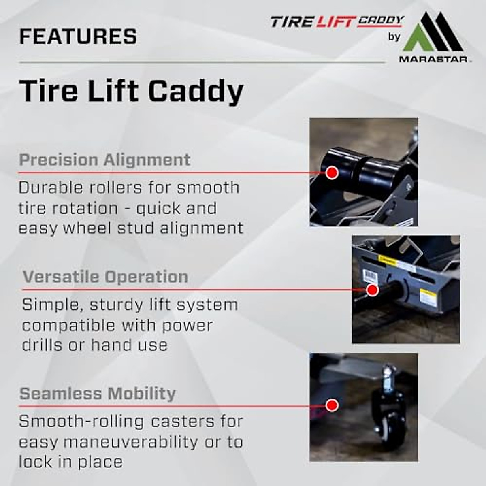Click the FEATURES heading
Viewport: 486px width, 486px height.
point(78,36)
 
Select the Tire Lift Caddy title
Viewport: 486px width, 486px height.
point(131,91)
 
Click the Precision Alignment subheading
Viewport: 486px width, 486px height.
point(104,160)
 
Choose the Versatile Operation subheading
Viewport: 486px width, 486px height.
point(105,277)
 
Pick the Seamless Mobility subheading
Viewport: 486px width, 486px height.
point(98,394)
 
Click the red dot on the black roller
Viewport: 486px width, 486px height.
point(332,173)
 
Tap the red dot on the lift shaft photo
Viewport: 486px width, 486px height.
point(372,290)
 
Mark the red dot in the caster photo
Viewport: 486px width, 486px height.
point(332,405)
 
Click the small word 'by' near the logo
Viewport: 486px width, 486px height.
point(394,37)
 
